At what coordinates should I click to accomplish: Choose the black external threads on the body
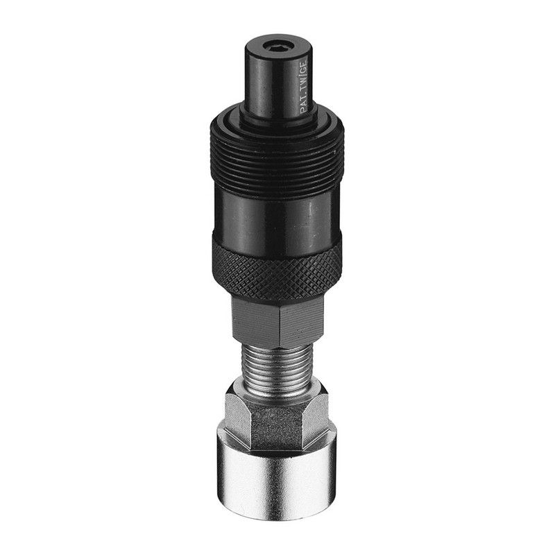click(x=277, y=166)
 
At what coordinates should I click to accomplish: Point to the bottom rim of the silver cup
click(x=277, y=517)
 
